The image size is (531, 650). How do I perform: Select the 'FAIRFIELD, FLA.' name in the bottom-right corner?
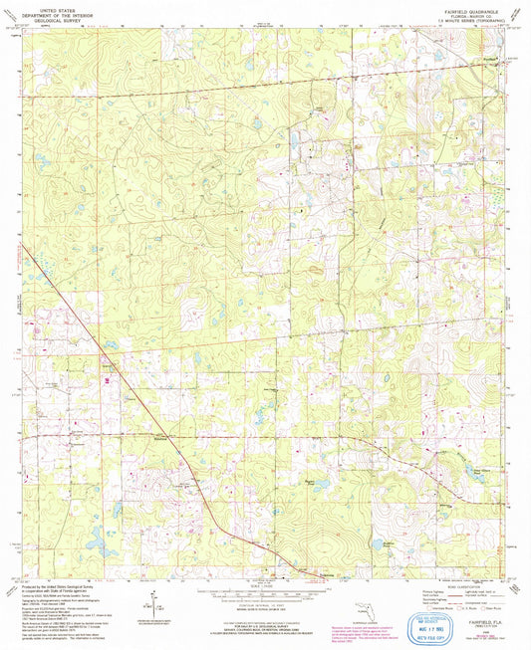(481, 594)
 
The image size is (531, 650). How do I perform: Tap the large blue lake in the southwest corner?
(96, 545)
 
